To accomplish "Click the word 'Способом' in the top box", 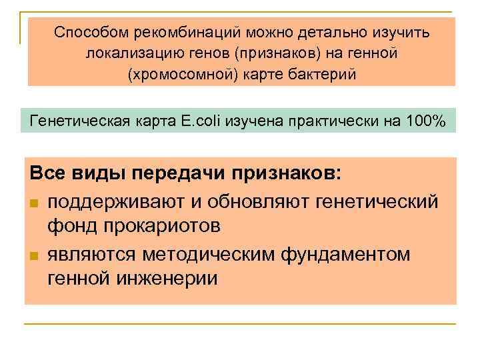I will pyautogui.click(x=91, y=32).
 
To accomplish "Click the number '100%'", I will pyautogui.click(x=428, y=121).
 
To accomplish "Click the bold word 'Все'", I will pyautogui.click(x=47, y=175).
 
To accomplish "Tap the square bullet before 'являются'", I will pyautogui.click(x=35, y=255).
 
